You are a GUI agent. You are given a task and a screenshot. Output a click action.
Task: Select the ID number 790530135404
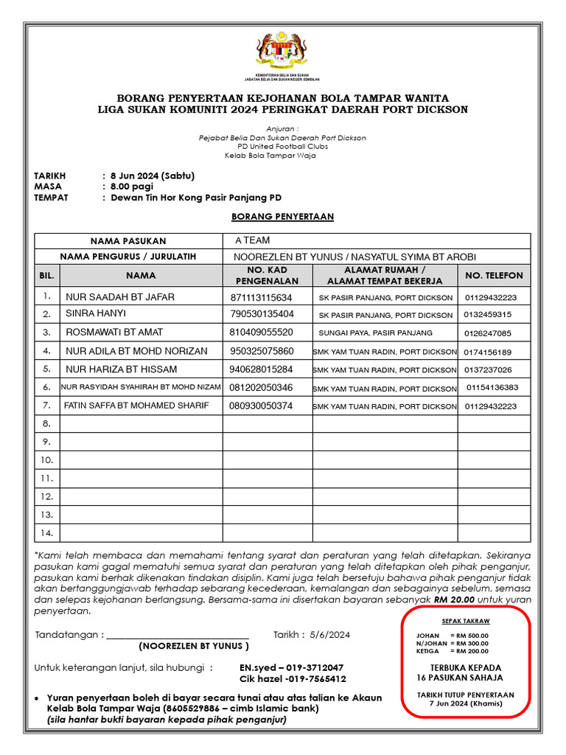[x=262, y=315]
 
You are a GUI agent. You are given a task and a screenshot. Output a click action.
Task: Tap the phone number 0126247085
[x=487, y=333]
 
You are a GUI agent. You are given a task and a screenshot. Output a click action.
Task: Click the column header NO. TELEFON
[x=494, y=276]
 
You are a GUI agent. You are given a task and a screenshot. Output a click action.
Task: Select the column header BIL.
[x=46, y=276]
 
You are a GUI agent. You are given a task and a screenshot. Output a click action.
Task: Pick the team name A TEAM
[x=252, y=240]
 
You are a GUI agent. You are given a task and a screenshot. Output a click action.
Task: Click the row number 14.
[x=46, y=532]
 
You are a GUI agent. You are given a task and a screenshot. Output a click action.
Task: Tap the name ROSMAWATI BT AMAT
[x=114, y=333]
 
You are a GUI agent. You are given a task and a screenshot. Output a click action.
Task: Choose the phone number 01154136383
[x=492, y=387]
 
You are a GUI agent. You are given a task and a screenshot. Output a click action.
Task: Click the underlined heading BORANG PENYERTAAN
[x=282, y=217]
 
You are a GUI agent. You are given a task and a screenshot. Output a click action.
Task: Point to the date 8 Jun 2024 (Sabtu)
[x=152, y=176]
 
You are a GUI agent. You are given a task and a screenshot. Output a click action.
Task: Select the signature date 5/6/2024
[x=330, y=635]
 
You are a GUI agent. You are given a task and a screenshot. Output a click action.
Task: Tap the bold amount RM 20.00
[x=455, y=599]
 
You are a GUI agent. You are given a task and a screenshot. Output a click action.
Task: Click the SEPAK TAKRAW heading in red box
[x=465, y=622]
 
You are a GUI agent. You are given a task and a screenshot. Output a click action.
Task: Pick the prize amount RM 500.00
[x=472, y=636]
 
